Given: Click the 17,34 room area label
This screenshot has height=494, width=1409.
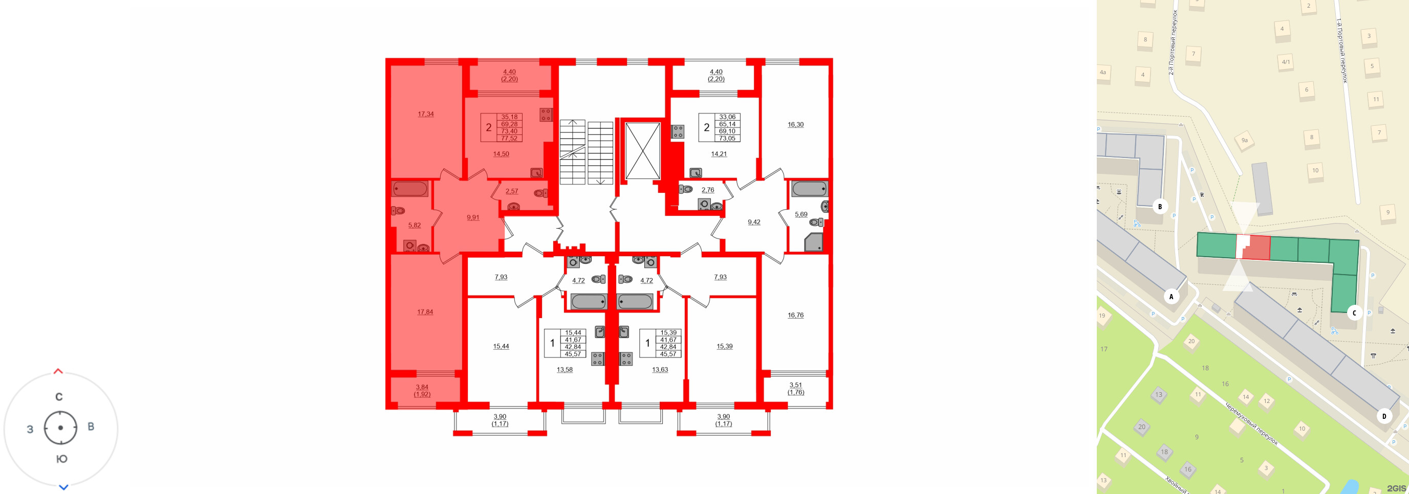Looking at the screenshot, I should pyautogui.click(x=425, y=114).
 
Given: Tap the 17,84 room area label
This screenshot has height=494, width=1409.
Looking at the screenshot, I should pyautogui.click(x=425, y=312).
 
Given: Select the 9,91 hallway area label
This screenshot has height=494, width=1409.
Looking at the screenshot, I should pyautogui.click(x=472, y=217).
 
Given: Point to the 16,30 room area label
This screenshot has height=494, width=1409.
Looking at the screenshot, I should pyautogui.click(x=795, y=125).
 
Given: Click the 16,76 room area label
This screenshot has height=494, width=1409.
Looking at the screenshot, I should pyautogui.click(x=795, y=316).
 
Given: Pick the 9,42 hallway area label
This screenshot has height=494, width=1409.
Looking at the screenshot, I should pyautogui.click(x=754, y=222).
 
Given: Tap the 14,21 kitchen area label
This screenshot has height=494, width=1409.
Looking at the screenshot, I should pyautogui.click(x=719, y=154).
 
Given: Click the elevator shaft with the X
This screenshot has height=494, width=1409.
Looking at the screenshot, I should pyautogui.click(x=642, y=151).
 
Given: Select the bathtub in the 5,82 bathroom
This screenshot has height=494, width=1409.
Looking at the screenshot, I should pyautogui.click(x=409, y=189).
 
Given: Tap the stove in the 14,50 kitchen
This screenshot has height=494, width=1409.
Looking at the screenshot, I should pyautogui.click(x=546, y=114).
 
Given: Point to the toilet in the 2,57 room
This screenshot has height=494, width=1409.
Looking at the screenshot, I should pyautogui.click(x=540, y=193).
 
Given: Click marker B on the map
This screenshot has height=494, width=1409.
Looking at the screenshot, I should pyautogui.click(x=1160, y=207).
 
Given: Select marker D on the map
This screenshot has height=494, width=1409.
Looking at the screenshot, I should pyautogui.click(x=1384, y=416).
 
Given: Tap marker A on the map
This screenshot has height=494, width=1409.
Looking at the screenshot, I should pyautogui.click(x=1171, y=297).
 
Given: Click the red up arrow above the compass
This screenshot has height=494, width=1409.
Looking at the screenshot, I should pyautogui.click(x=58, y=372).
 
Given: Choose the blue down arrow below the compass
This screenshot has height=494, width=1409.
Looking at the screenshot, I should pyautogui.click(x=63, y=487).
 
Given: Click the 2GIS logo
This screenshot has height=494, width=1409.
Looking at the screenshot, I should pyautogui.click(x=1396, y=488).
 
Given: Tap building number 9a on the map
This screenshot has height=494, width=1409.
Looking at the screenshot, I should pyautogui.click(x=1244, y=141).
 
